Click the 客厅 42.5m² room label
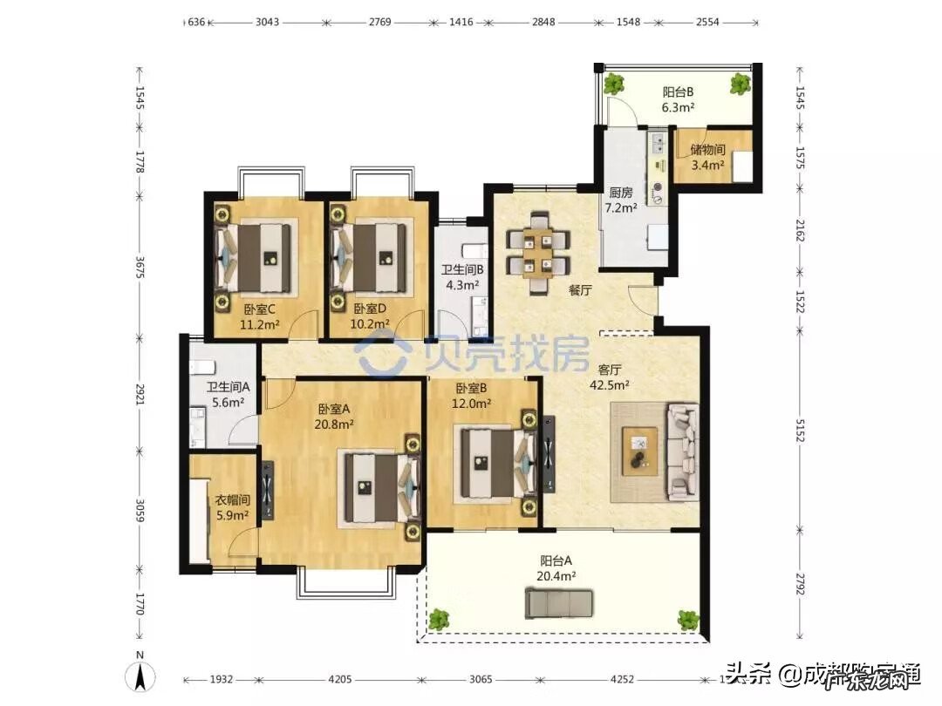tap(610, 376)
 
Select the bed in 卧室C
tap(260, 257)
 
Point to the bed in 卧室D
tap(372, 257)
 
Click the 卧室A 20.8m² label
tap(335, 417)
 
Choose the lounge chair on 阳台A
tap(559, 602)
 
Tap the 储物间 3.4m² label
tap(707, 157)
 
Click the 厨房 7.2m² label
tap(622, 200)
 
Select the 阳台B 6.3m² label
tap(678, 99)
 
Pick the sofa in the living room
tap(682, 451)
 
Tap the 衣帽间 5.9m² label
tap(233, 507)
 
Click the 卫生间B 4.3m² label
tap(461, 277)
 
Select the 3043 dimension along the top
tap(267, 22)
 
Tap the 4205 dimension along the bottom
tap(340, 680)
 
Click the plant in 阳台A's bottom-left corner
tap(439, 621)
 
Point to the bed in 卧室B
tap(495, 461)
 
